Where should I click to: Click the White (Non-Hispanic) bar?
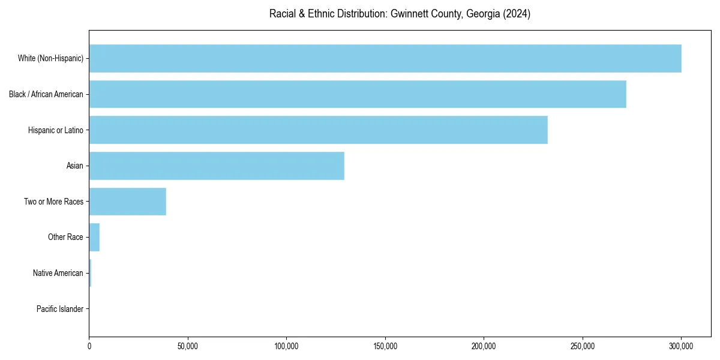click(385, 58)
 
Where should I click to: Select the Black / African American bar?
click(358, 94)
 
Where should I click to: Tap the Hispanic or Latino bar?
click(318, 130)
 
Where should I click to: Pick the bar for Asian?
click(217, 166)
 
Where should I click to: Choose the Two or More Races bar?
click(128, 202)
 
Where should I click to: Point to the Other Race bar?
click(94, 237)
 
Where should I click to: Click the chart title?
click(400, 14)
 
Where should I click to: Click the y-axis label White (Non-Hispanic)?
click(50, 58)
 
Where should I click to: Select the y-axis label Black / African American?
click(46, 94)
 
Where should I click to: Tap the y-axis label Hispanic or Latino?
click(56, 130)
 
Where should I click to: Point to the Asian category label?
click(75, 166)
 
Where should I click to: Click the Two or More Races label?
click(54, 202)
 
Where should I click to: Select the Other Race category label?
click(65, 237)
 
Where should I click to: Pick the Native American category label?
click(58, 273)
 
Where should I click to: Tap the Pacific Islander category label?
click(60, 309)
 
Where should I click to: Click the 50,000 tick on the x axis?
click(188, 346)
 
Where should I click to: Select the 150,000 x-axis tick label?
click(385, 346)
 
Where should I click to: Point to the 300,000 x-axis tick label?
click(681, 346)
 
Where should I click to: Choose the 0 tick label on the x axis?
click(89, 346)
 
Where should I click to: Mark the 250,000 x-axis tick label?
click(583, 346)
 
